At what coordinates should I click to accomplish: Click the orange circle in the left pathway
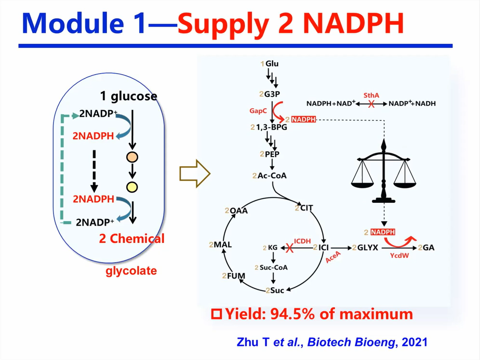click(x=132, y=157)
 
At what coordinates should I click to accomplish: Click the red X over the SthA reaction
click(x=371, y=104)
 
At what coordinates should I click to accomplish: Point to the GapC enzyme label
click(x=258, y=110)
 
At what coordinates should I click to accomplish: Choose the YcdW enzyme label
click(x=399, y=255)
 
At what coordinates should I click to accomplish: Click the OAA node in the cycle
click(x=238, y=211)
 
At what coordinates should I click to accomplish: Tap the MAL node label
click(x=222, y=245)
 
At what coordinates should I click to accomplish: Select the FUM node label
click(x=236, y=276)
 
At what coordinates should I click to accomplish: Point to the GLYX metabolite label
click(x=367, y=248)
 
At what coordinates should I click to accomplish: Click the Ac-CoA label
click(x=272, y=175)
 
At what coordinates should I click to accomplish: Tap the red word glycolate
click(x=131, y=271)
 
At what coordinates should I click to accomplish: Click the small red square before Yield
click(x=217, y=314)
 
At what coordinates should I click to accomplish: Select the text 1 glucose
click(x=129, y=96)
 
